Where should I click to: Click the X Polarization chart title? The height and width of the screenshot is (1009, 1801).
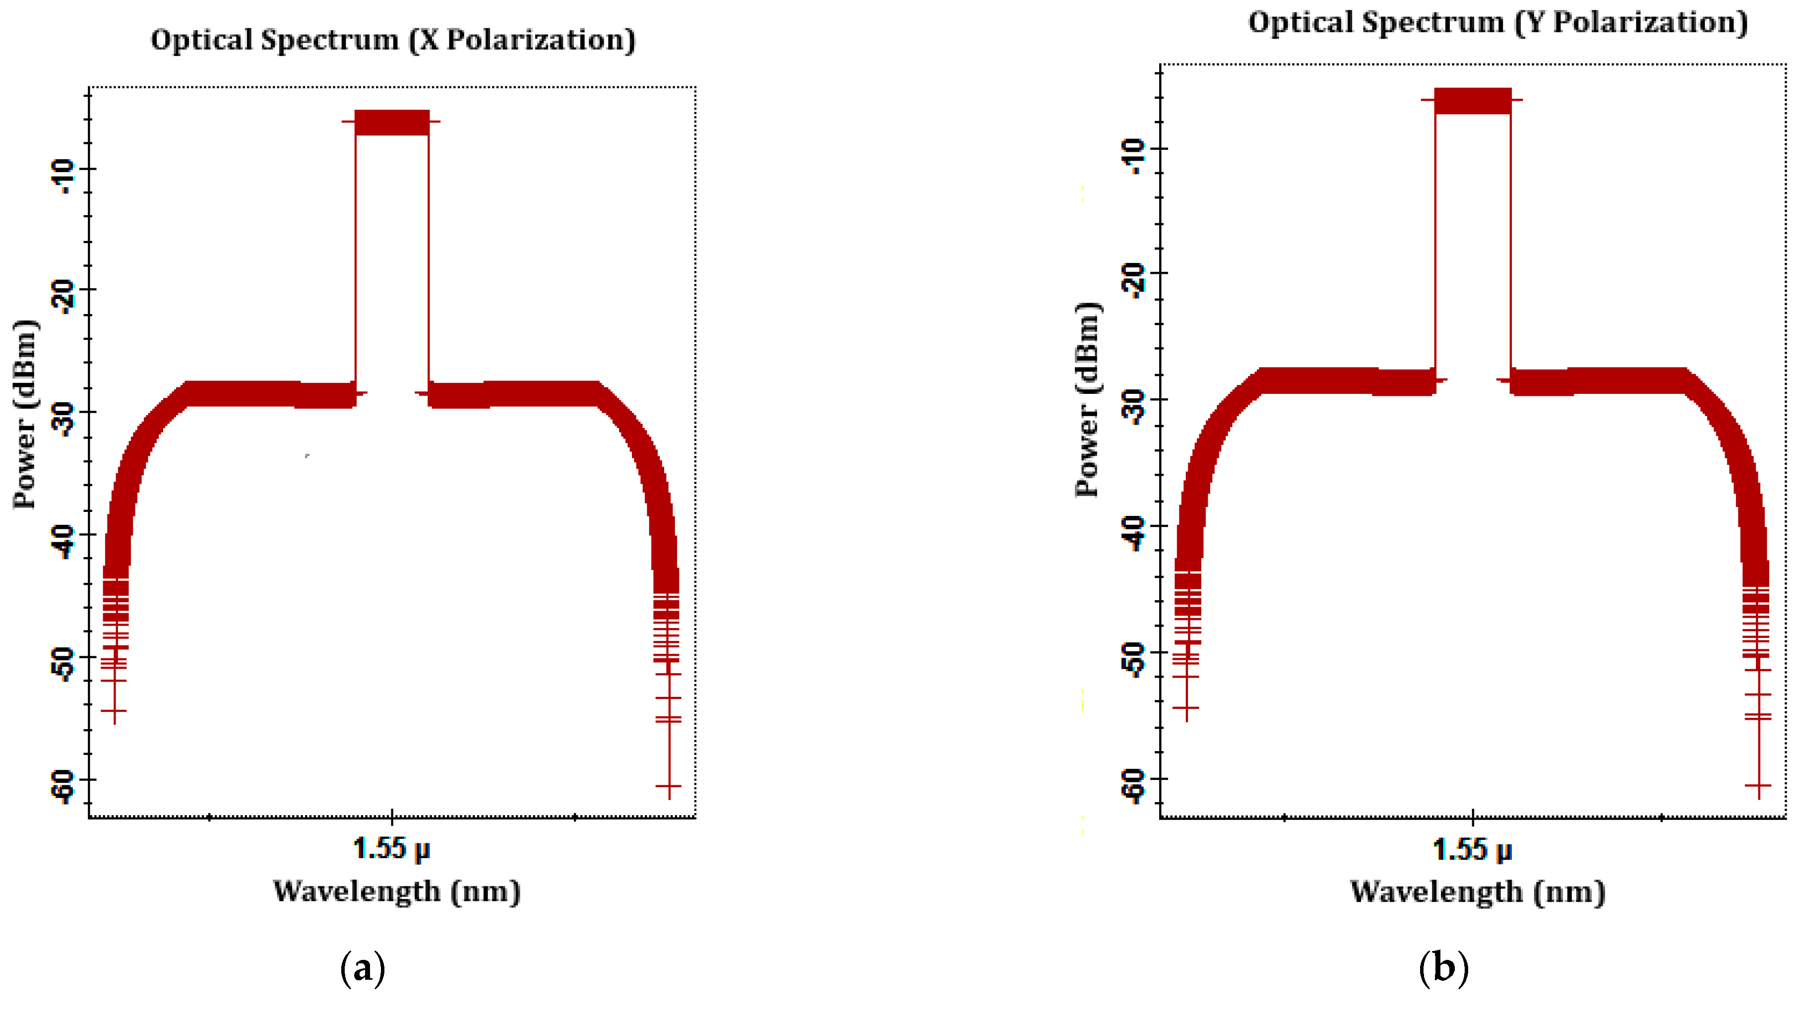tap(393, 40)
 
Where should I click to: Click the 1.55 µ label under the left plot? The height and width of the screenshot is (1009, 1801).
tap(391, 849)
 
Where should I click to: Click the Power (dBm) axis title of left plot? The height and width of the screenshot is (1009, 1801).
tap(26, 414)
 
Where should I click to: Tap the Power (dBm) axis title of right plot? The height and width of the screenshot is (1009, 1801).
tap(1088, 399)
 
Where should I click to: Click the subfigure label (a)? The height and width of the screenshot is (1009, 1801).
tap(362, 968)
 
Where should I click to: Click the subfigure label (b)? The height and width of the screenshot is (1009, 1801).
tap(1443, 968)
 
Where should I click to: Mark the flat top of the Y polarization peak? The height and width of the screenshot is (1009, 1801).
tap(1473, 101)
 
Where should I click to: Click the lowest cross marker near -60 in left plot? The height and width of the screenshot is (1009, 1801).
tap(669, 787)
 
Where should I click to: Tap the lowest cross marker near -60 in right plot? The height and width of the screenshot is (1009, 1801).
tap(1758, 786)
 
